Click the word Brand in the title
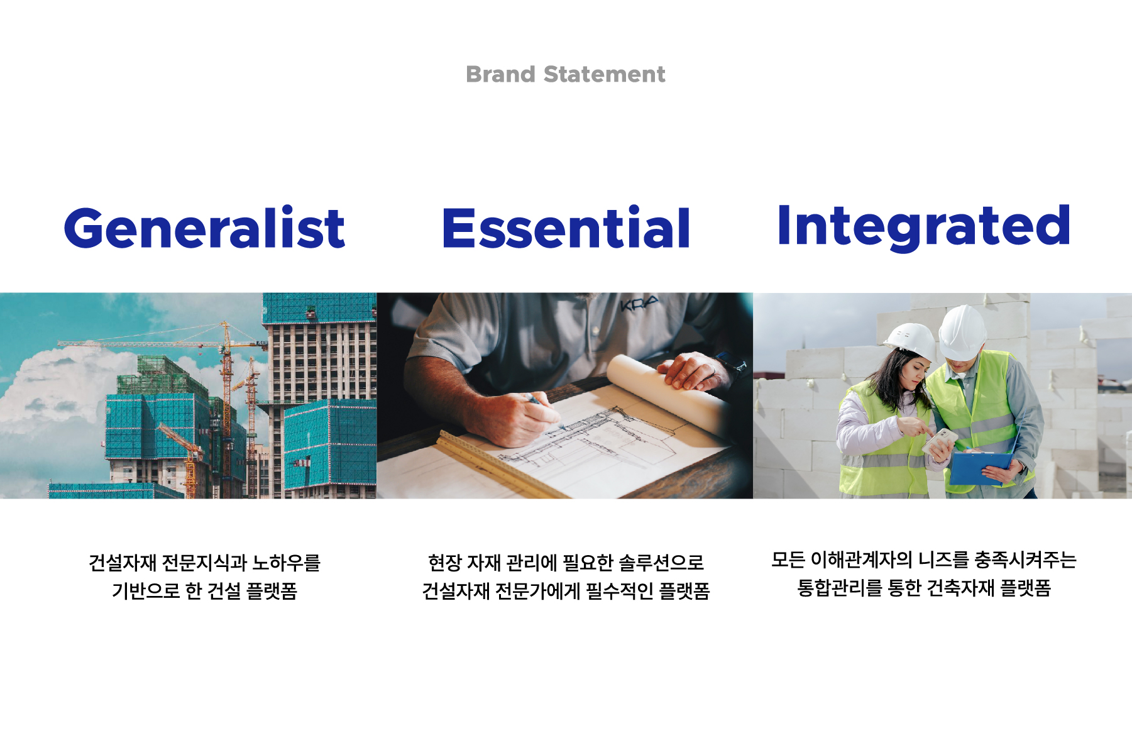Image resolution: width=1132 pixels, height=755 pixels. (x=500, y=74)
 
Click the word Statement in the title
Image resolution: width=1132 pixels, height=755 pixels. (x=604, y=74)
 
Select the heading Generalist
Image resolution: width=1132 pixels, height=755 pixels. (x=205, y=228)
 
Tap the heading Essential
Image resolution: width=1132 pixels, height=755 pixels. (x=566, y=228)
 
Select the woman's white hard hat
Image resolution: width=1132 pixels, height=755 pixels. (x=911, y=340)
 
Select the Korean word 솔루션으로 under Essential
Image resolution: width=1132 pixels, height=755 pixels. (x=662, y=563)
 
